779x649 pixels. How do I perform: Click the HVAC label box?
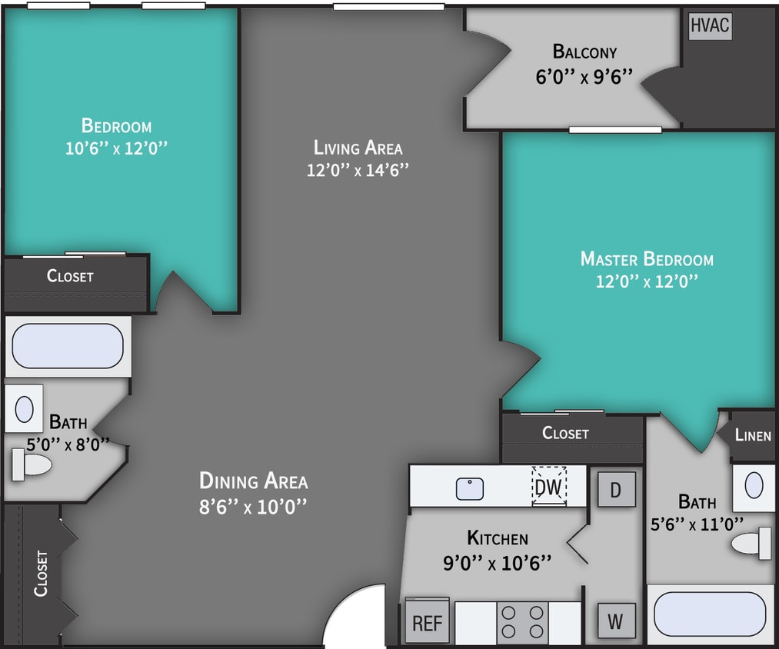tap(709, 25)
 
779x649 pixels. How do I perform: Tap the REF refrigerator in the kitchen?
tap(427, 621)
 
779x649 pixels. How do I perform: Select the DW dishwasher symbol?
tap(549, 487)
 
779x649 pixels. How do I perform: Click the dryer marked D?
tap(616, 489)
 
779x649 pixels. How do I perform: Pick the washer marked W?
tap(616, 621)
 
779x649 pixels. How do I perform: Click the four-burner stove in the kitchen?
tap(522, 622)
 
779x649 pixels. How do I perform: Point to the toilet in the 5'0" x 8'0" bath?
tap(31, 464)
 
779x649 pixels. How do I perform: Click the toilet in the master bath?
tap(752, 544)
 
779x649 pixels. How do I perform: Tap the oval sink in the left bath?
tap(24, 409)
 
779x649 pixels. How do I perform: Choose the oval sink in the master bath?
tap(754, 486)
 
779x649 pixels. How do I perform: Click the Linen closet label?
tap(752, 435)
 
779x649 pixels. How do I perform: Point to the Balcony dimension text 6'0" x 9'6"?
tap(584, 76)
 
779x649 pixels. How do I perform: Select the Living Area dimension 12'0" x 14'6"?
tap(357, 170)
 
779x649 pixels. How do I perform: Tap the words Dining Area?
tap(253, 481)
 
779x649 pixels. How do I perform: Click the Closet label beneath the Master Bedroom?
tap(565, 433)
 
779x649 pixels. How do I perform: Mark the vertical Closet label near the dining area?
tap(41, 573)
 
